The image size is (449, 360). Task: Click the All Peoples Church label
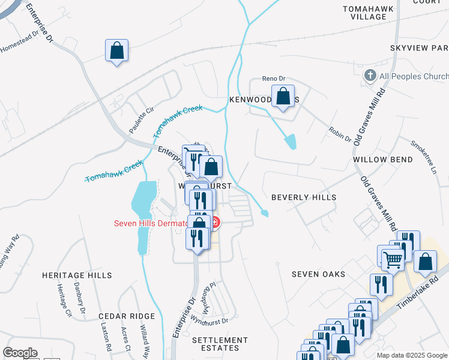[414, 76]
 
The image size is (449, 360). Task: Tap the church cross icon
[370, 76]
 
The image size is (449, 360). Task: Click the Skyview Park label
[418, 47]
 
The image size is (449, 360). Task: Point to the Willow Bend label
[383, 160]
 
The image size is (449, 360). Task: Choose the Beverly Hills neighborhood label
[303, 197]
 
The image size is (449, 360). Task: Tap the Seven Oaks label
[318, 274]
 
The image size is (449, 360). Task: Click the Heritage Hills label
[77, 275]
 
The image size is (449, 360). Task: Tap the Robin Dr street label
[340, 134]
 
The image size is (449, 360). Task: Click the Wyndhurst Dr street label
[209, 322]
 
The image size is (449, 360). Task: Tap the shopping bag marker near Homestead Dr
[116, 50]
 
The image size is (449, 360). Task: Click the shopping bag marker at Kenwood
[283, 95]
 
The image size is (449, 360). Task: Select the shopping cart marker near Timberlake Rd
[392, 260]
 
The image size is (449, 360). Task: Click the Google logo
[20, 353]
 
